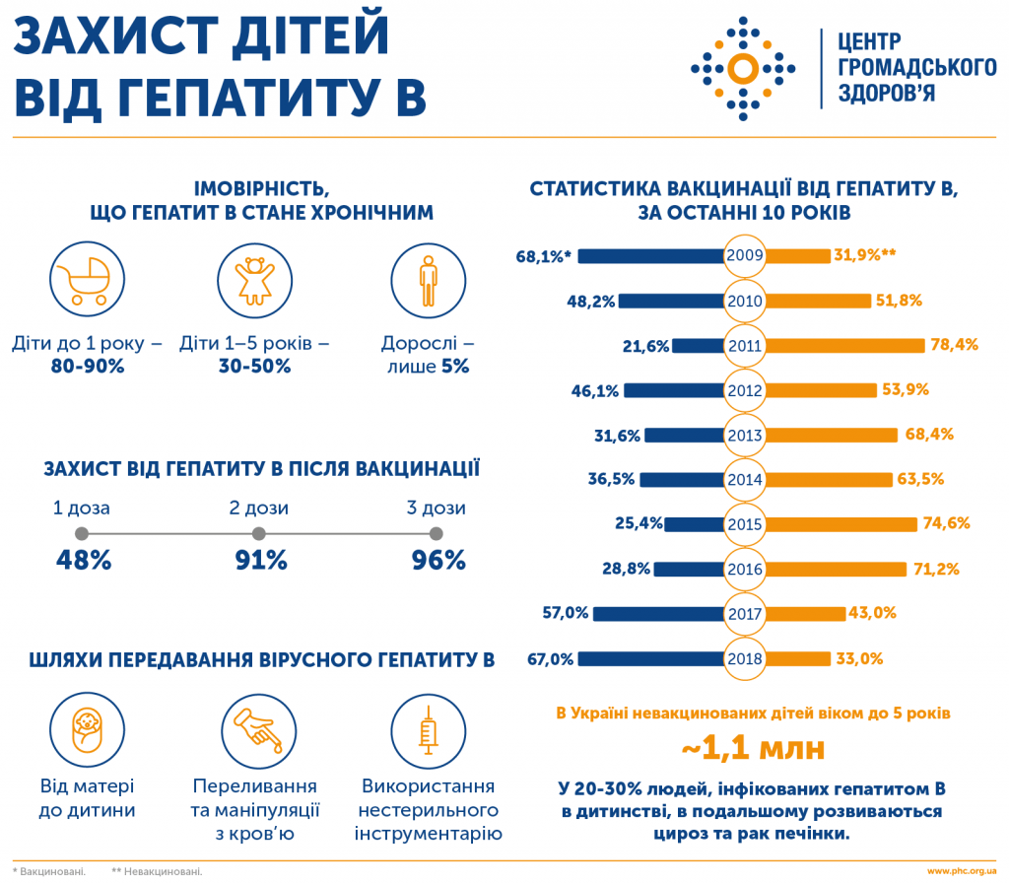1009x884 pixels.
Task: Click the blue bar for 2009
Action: pos(651,256)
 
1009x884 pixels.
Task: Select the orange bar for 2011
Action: pos(846,345)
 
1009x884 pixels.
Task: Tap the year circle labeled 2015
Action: pos(745,523)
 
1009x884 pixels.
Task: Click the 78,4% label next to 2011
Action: pos(954,345)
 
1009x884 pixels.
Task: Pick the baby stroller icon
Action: pos(82,276)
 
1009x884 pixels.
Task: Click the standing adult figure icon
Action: pos(427,276)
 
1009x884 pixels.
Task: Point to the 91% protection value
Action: pos(259,561)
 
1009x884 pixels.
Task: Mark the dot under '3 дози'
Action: pos(437,534)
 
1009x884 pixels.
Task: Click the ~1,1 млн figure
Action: pos(754,748)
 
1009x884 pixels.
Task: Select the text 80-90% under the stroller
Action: pos(88,366)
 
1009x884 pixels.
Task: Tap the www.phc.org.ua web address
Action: pos(961,871)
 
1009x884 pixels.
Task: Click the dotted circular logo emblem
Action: pos(742,68)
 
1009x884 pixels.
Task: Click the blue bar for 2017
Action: pos(658,613)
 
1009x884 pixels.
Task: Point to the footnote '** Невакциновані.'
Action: pos(158,871)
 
